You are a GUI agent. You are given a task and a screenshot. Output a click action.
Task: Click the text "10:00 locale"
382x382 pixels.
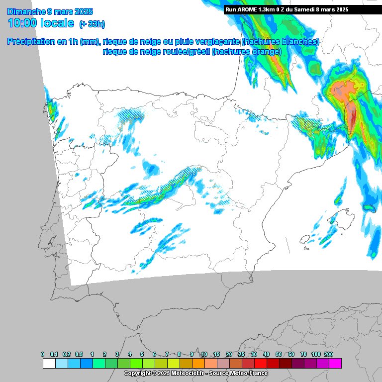tap(41, 23)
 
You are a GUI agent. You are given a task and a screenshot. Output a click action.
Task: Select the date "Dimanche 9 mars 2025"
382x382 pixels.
tap(50, 11)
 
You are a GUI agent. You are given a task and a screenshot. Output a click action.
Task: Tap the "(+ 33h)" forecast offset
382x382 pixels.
tap(92, 24)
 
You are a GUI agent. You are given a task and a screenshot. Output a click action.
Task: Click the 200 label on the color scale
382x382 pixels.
tap(328, 354)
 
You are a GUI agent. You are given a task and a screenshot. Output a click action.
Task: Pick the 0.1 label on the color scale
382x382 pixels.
tap(55, 354)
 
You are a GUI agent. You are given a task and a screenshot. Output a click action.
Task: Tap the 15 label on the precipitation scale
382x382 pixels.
tap(216, 354)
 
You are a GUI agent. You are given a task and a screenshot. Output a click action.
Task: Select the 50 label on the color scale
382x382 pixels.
tap(279, 354)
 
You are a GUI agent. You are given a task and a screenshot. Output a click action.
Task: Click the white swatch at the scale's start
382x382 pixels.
tap(49, 363)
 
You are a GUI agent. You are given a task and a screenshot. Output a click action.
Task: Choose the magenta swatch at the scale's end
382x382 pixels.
tap(335, 363)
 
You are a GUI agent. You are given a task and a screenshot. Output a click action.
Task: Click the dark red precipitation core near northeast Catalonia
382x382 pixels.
tap(352, 119)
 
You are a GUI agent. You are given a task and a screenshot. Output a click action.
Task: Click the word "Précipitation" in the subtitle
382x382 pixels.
tap(31, 42)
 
